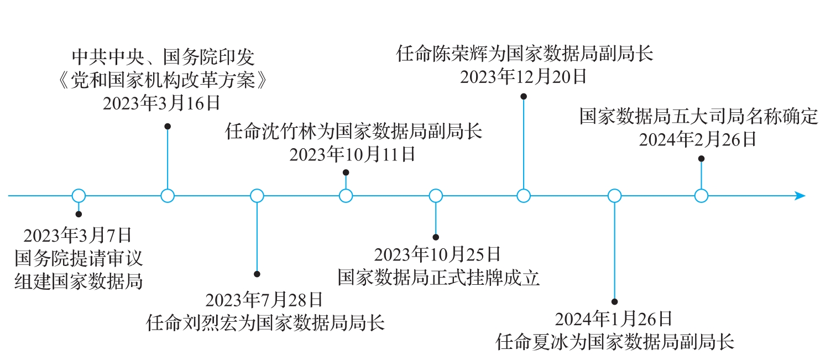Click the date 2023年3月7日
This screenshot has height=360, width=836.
77,236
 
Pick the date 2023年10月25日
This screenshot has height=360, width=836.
437,255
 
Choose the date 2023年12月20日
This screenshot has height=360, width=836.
523,76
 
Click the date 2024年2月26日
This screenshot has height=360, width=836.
698,140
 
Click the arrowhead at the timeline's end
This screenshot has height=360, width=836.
800,196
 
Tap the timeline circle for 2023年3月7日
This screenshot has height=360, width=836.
79,196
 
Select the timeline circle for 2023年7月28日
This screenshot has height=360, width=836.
257,196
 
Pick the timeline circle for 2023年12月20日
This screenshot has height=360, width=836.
523,196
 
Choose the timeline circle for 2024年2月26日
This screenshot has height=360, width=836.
701,196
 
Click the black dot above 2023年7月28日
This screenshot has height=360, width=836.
257,274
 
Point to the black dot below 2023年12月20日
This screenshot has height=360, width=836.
523,96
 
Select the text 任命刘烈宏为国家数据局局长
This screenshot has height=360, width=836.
265,322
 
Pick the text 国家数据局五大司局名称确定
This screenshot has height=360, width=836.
698,117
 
